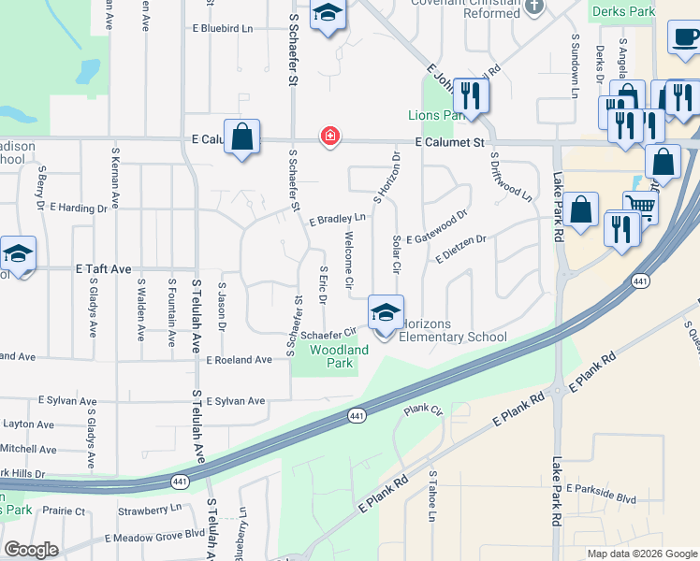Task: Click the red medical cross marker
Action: (x=329, y=137)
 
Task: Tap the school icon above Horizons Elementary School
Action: (x=386, y=312)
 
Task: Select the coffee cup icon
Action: (x=684, y=38)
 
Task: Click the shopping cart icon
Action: (x=641, y=205)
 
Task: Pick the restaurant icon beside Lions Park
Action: (x=472, y=95)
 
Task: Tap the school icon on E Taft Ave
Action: (x=17, y=254)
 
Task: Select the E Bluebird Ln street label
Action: (x=223, y=29)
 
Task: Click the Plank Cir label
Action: (x=422, y=410)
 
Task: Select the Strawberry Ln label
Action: (x=150, y=511)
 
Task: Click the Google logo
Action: (x=32, y=550)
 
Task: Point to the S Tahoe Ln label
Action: (x=432, y=496)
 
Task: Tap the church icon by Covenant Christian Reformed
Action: (x=534, y=7)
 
